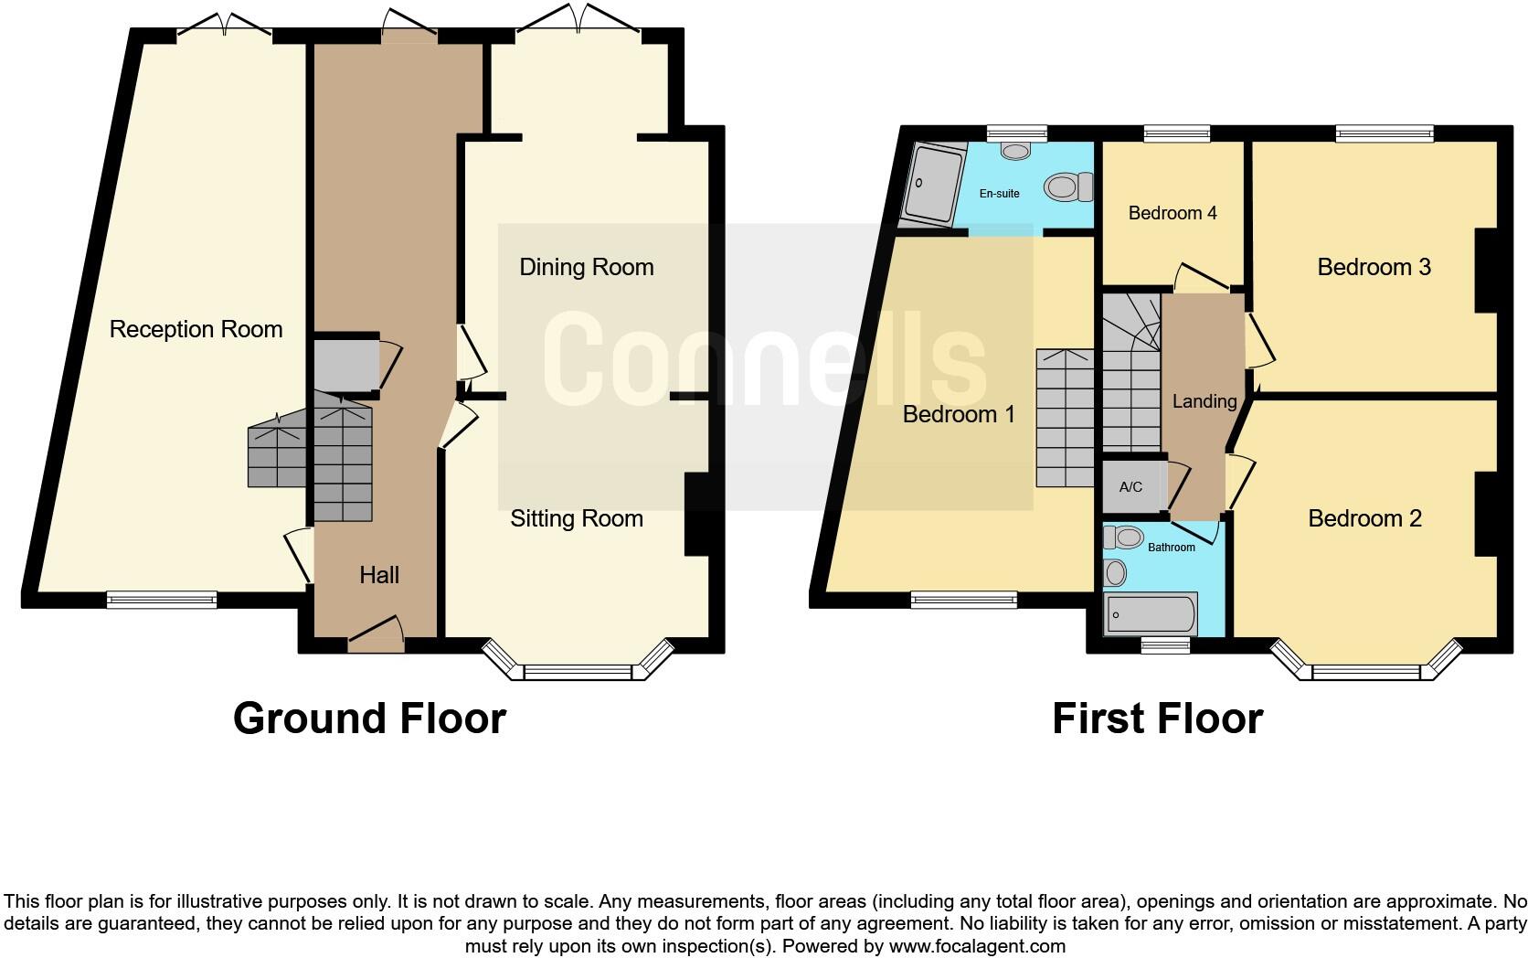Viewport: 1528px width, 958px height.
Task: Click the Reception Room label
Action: tap(196, 329)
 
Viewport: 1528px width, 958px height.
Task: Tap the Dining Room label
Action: tap(586, 267)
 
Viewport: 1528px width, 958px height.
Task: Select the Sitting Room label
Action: tap(576, 518)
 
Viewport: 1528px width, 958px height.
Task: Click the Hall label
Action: tap(379, 575)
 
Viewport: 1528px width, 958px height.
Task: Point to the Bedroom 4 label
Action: tap(1173, 213)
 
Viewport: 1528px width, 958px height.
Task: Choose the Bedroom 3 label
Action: tap(1374, 267)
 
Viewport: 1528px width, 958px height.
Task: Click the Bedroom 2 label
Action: tap(1364, 518)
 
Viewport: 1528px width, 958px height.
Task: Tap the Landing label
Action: tap(1204, 400)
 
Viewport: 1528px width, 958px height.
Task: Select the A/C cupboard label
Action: tap(1130, 486)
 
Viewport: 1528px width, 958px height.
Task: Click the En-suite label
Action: tap(999, 194)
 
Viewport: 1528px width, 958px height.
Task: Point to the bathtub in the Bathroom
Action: tap(1151, 614)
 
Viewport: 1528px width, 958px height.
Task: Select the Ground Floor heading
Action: tap(369, 718)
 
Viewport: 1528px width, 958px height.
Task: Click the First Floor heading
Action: tap(1157, 718)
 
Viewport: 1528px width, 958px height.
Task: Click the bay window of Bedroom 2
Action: tap(1365, 671)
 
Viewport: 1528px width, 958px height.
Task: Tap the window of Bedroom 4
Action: tap(1178, 133)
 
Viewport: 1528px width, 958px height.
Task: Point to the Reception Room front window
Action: tap(162, 600)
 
